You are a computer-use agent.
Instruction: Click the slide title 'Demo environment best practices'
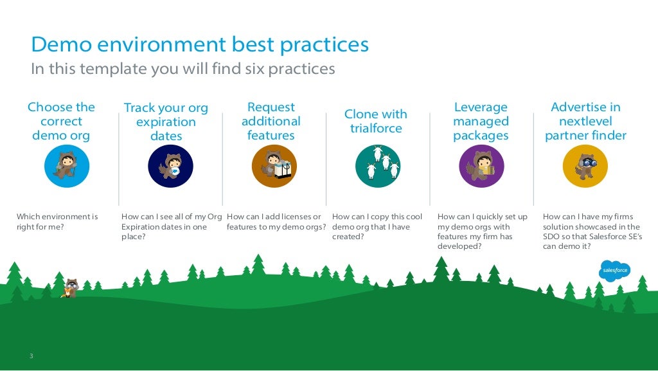tap(200, 45)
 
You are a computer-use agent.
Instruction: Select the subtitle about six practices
tap(183, 69)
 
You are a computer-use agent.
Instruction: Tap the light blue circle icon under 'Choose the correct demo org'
tap(67, 166)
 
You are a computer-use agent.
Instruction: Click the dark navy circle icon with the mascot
tap(171, 166)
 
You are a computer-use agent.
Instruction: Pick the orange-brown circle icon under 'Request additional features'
tap(274, 166)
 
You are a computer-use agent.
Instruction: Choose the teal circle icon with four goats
tap(378, 166)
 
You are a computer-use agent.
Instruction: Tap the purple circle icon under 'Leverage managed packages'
tap(481, 166)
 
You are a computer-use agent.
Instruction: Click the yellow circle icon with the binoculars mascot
tap(585, 166)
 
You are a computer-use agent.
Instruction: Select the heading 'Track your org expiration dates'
tap(166, 122)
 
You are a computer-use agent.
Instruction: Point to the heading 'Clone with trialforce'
tap(376, 121)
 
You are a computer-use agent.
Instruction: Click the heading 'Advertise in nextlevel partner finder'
tap(585, 121)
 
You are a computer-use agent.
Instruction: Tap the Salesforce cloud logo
tap(616, 271)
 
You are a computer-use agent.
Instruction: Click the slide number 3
tap(30, 356)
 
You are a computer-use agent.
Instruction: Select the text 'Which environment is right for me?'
tap(57, 222)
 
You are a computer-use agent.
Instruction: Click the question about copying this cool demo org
tap(377, 226)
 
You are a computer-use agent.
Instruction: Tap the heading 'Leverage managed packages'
tap(481, 121)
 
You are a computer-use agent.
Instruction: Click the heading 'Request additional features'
tap(271, 121)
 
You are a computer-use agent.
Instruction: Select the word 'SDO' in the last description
tap(552, 237)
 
